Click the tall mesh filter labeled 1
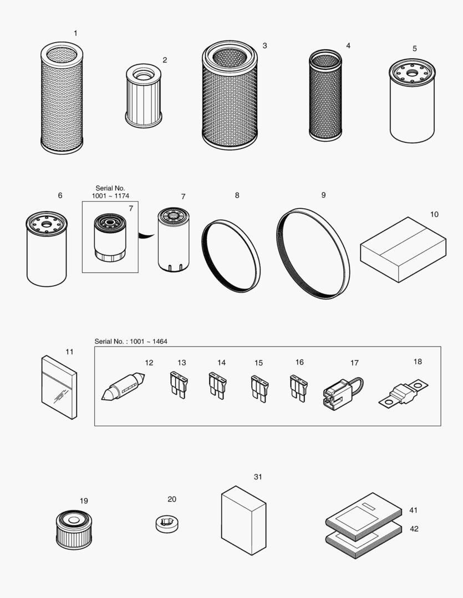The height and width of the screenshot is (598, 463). [62, 100]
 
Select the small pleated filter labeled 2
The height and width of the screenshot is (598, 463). [144, 96]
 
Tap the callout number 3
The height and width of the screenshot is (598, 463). [264, 45]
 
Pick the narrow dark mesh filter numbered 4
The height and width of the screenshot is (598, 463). [325, 96]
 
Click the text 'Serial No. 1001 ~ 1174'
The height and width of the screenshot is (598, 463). [110, 192]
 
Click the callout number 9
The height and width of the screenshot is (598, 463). [323, 195]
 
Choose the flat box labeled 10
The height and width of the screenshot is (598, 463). [403, 249]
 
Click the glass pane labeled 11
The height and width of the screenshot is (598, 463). [59, 387]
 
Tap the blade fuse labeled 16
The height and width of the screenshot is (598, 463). [298, 388]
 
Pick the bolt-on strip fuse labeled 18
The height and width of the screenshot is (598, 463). [404, 393]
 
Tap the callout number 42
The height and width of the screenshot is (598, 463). [414, 529]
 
